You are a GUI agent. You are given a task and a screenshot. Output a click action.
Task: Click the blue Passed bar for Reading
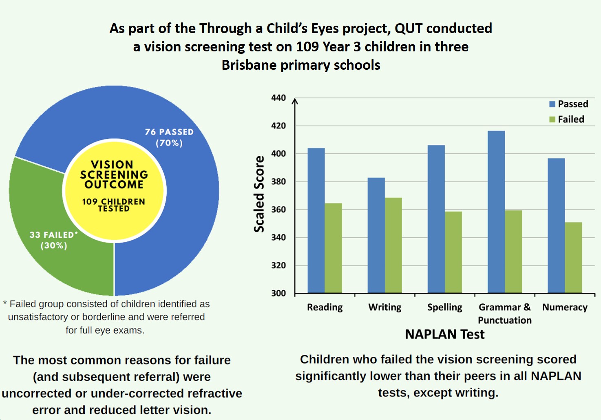point(316,220)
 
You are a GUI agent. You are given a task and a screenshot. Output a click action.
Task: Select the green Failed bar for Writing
point(393,245)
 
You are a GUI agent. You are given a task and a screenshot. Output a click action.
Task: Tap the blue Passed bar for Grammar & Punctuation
point(496,212)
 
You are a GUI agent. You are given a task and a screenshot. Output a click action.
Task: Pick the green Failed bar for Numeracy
point(573,257)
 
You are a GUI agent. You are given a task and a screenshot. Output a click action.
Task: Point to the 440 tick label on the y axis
point(278,98)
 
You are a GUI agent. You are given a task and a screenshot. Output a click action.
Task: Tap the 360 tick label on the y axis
point(278,210)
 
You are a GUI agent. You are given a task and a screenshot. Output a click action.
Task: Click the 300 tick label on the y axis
point(278,293)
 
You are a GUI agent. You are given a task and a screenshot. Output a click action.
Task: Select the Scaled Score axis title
point(259,194)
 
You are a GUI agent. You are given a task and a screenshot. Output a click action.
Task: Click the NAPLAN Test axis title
point(444,334)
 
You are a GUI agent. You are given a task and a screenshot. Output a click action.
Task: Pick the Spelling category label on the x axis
point(444,307)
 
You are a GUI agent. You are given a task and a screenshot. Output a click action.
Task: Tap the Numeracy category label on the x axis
point(565,307)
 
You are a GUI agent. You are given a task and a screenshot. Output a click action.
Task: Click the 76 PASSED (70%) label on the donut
point(169,137)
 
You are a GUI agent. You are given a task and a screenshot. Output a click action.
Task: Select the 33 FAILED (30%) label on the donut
point(53,240)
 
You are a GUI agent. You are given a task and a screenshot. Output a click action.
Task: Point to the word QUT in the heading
point(409,28)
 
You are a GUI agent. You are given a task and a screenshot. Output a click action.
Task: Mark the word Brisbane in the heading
point(249,65)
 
